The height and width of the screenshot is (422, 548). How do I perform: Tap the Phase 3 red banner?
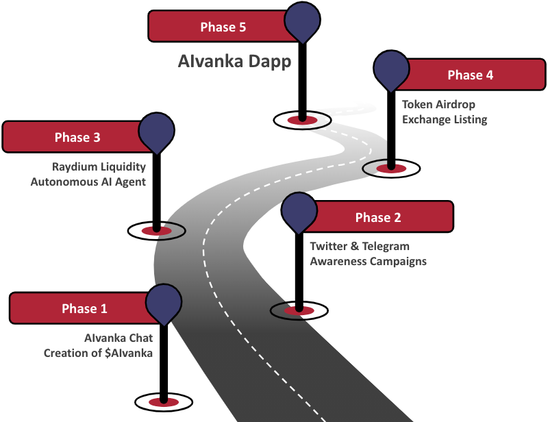coord(75,137)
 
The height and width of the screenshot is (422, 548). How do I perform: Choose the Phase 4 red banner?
coord(466,75)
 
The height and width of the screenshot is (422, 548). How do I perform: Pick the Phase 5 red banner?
coord(219,27)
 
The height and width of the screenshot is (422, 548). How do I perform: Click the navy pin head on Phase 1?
coord(164,301)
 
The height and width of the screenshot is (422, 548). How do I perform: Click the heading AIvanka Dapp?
coord(234,62)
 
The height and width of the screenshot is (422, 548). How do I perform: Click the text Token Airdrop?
coord(438,105)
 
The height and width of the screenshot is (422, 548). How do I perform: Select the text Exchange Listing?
coord(445,120)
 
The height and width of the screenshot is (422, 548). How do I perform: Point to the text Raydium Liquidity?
coord(99,166)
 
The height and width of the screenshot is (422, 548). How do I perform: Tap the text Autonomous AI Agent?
coord(88,182)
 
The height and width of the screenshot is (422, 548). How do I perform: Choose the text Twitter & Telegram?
coord(360,247)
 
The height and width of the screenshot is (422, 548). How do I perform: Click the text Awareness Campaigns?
coord(369,262)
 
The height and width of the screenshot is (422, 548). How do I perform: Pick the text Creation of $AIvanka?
coord(98,353)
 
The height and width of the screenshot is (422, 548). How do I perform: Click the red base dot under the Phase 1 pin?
coord(164,401)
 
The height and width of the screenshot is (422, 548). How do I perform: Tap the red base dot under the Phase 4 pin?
coord(391,167)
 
